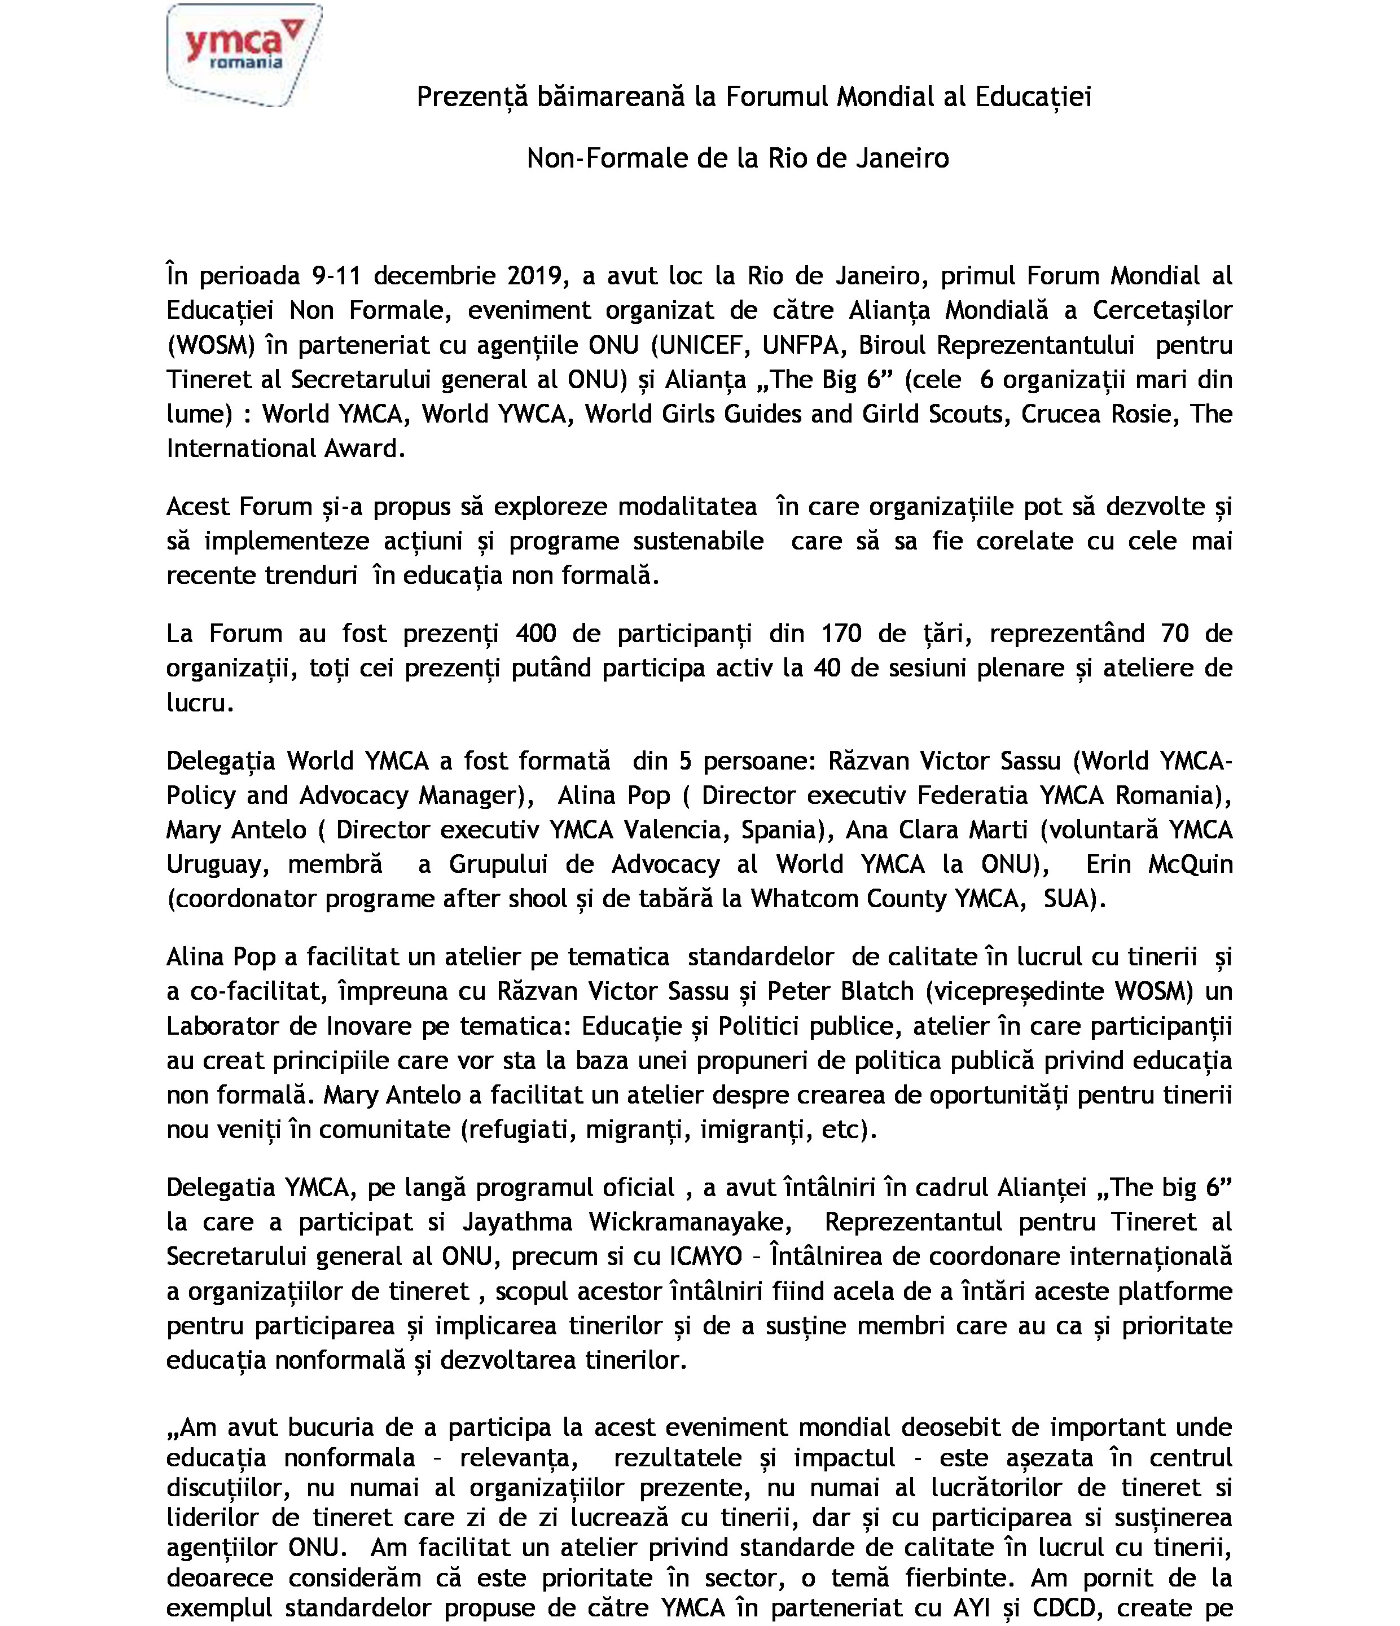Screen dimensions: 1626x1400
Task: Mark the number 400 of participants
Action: (x=536, y=633)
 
